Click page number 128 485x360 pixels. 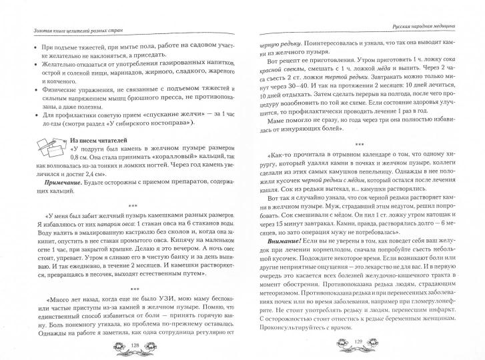pos(134,345)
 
